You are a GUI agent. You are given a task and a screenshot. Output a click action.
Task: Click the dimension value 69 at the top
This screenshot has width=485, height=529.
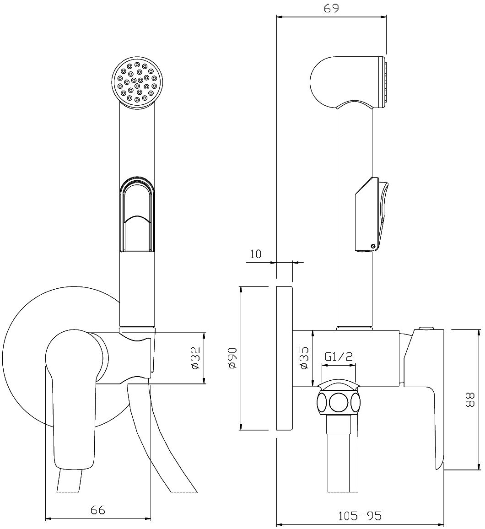tap(332, 9)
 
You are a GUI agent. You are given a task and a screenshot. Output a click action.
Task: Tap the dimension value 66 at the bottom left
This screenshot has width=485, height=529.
tap(98, 510)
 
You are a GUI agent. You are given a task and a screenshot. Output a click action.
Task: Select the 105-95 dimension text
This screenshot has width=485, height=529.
tap(360, 516)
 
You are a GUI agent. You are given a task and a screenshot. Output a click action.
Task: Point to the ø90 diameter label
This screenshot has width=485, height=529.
tap(232, 357)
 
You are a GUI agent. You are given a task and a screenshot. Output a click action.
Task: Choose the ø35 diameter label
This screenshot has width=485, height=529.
tap(303, 358)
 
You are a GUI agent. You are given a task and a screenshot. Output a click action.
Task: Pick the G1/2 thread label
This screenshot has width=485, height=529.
tap(339, 356)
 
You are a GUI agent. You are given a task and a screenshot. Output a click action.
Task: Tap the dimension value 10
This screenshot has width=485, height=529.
tap(256, 254)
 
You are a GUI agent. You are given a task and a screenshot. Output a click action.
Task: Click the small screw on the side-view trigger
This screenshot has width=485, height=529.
tap(374, 247)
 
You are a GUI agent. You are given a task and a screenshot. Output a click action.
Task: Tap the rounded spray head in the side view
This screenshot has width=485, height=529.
tap(345, 82)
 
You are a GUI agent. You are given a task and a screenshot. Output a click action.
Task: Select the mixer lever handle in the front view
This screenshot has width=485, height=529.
tap(73, 398)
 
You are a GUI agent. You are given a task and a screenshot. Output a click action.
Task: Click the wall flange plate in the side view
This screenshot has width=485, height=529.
tap(284, 358)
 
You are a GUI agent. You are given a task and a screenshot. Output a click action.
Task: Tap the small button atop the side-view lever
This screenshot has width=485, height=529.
tap(426, 328)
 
